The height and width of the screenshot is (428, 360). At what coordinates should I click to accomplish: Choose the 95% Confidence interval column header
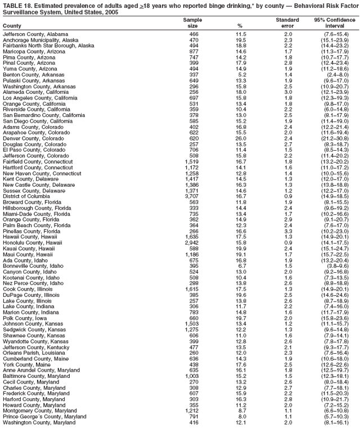(335, 23)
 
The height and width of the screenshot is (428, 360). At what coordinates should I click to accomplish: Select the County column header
(12, 26)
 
